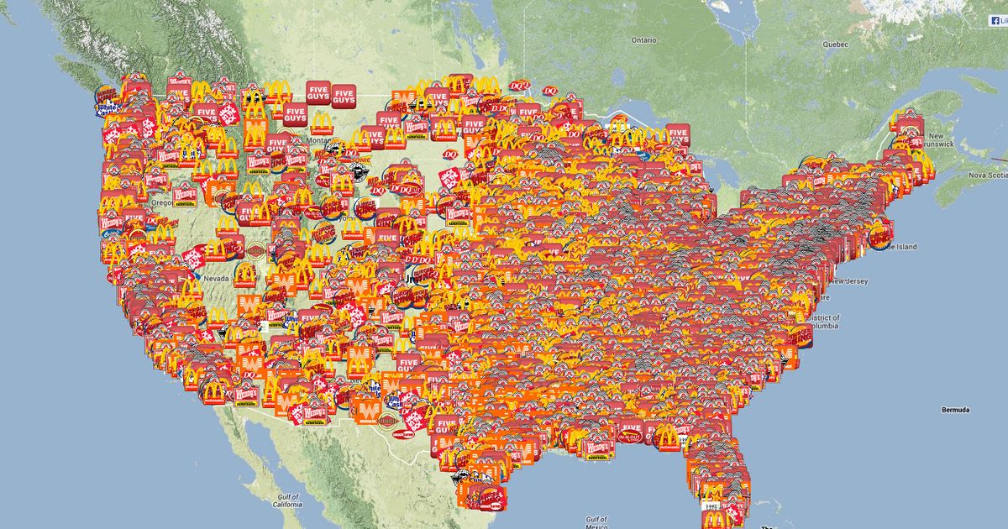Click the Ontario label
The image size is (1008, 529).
point(643,39)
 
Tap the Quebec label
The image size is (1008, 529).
point(836,44)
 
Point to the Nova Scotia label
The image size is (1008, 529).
point(986,175)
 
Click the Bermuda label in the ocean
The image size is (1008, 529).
point(954,410)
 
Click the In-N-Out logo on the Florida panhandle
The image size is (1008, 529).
point(629,437)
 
